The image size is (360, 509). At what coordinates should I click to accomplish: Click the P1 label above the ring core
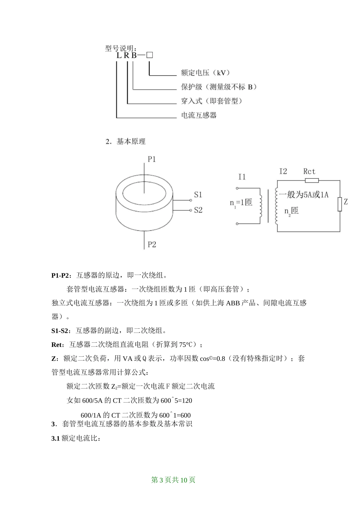pos(152,159)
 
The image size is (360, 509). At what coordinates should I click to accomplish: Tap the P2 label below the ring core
pos(152,245)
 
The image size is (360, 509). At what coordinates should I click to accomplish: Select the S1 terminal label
pos(198,195)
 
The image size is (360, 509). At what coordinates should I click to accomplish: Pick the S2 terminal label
pos(198,210)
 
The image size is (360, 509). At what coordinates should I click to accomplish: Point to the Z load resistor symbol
pos(340,204)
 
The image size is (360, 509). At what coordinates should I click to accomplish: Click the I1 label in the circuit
pos(242,177)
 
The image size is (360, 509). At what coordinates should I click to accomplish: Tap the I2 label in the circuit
pos(283,172)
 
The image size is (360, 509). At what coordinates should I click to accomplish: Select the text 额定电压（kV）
pos(205,73)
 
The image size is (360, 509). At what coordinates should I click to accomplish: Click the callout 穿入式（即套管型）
pos(212,101)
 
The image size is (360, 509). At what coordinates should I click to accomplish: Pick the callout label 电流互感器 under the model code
pos(199,115)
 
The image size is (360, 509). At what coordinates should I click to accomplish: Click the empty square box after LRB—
pos(149,55)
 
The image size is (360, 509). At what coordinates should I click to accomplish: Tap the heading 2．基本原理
pos(125,142)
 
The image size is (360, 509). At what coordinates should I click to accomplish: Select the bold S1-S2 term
pos(61,331)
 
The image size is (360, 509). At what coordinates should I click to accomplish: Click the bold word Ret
pos(58,345)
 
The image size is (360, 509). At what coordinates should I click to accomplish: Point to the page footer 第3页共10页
pos(173,480)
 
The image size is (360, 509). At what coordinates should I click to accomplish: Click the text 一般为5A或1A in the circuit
pos(304,195)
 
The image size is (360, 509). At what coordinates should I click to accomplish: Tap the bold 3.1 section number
pos(55,439)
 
